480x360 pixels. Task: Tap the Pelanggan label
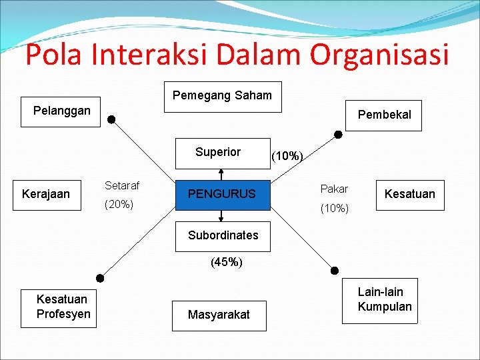coord(62,111)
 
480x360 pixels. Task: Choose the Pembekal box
coord(384,115)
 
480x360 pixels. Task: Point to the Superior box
coord(218,153)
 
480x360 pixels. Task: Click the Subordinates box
coord(223,236)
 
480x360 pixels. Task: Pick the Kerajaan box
coord(46,195)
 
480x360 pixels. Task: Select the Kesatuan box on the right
coord(409,195)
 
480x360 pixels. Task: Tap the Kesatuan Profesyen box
coord(64,307)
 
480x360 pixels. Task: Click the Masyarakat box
coord(219,315)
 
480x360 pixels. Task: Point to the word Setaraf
coord(122,186)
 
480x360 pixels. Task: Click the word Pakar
coord(334,189)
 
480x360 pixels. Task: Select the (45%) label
coord(226,262)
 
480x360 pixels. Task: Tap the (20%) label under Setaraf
coord(120,205)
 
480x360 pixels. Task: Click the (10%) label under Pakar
coord(335,209)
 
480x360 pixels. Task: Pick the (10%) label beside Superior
coord(287,157)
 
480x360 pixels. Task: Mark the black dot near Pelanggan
coord(112,120)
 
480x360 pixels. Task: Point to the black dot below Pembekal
coord(339,135)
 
